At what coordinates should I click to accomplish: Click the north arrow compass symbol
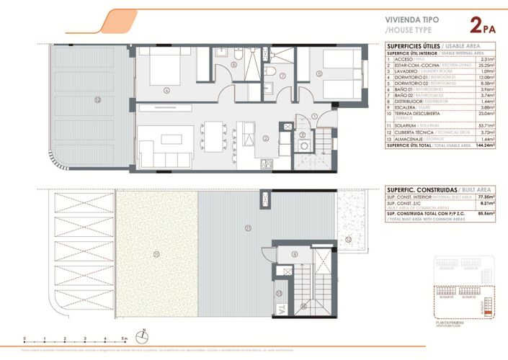coord(144,335)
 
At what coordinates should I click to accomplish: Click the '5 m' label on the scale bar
coord(125,338)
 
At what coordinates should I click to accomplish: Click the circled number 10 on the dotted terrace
coord(156,253)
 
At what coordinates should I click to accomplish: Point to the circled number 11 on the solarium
coord(247,228)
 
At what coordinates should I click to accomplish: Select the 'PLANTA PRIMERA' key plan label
coord(450,325)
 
